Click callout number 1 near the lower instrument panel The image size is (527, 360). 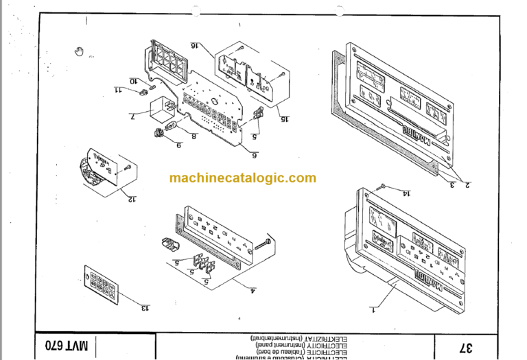(x=373, y=310)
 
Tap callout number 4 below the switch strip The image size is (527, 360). (x=253, y=290)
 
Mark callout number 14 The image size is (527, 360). (x=406, y=194)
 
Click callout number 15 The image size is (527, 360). (x=283, y=118)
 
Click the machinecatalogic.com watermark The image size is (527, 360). (x=243, y=178)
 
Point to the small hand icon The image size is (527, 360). (x=80, y=50)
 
